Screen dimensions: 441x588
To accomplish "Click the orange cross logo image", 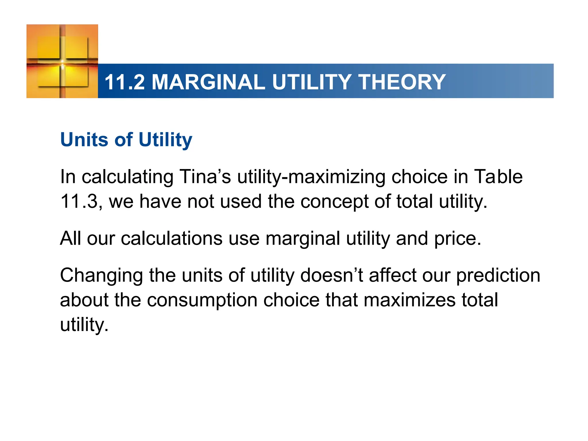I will coord(62,61).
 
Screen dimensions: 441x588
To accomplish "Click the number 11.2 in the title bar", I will coord(125,82).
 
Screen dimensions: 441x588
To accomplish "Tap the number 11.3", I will coord(79,201).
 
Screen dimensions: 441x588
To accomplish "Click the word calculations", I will coord(172,238).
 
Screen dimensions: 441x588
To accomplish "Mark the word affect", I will coord(392,275).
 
